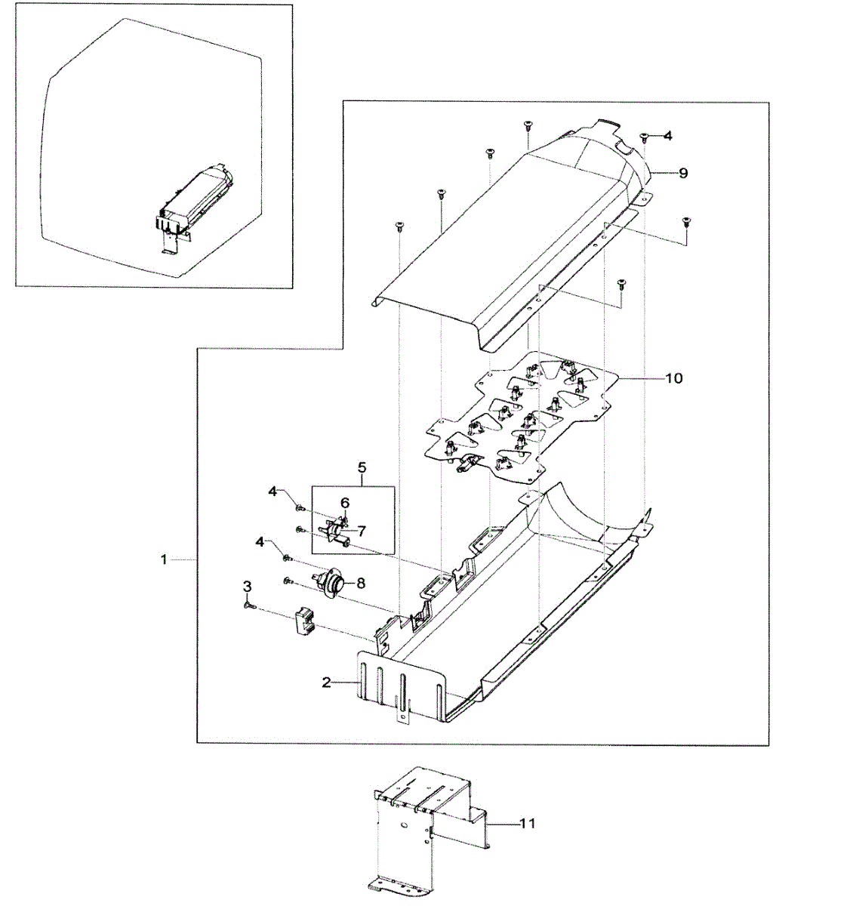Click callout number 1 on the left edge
click(x=164, y=559)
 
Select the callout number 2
click(x=326, y=683)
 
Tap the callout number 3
click(x=247, y=587)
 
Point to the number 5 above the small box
click(x=362, y=468)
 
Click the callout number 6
click(x=345, y=503)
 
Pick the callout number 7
click(x=362, y=530)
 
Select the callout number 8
click(x=361, y=583)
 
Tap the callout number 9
click(x=682, y=173)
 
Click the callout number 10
click(x=673, y=377)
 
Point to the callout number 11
click(x=528, y=823)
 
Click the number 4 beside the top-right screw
click(x=667, y=136)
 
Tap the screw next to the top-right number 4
click(x=644, y=137)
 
